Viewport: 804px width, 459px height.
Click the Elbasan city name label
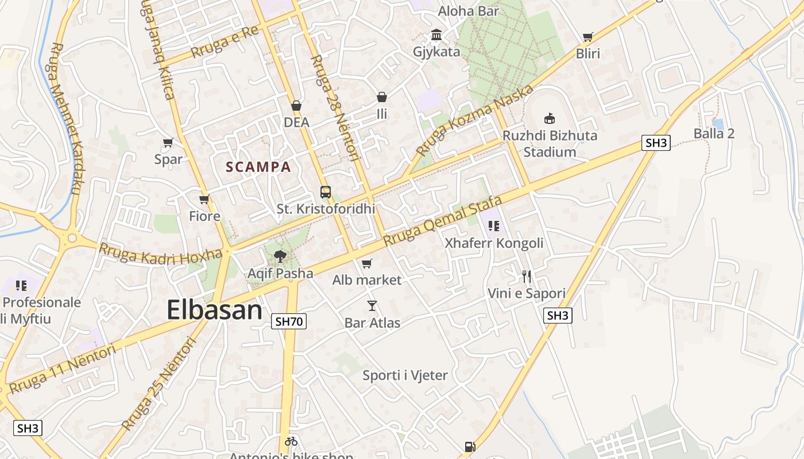tap(214, 310)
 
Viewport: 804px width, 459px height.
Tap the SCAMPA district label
tap(258, 167)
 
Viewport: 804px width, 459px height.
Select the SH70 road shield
tap(289, 321)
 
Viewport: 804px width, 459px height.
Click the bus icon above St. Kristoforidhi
tap(326, 192)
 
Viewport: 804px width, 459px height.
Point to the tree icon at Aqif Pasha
tap(280, 256)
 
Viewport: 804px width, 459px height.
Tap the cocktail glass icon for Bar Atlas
tap(372, 306)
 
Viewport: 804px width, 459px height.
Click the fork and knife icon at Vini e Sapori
tap(527, 277)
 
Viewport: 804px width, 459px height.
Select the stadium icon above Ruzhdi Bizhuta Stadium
tap(550, 118)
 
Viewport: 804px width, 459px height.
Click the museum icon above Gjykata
tap(436, 35)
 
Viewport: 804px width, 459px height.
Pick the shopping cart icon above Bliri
tap(587, 37)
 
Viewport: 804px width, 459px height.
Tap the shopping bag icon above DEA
tap(296, 106)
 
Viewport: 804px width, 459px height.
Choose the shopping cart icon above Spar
tap(168, 142)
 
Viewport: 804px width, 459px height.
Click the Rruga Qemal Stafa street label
tap(442, 221)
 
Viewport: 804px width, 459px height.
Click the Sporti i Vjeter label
tap(405, 375)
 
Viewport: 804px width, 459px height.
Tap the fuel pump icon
tap(470, 446)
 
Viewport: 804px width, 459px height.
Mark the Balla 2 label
tap(714, 134)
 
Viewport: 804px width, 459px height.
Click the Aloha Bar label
tap(469, 11)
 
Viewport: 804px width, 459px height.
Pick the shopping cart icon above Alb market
tap(366, 263)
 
